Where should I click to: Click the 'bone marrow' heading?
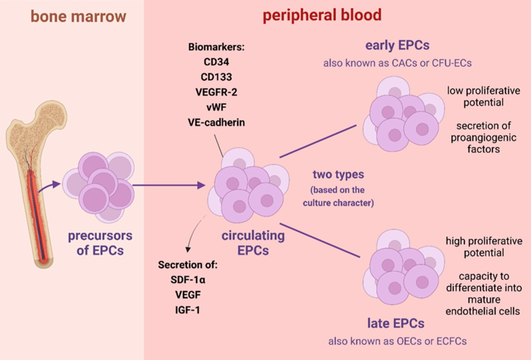tap(78, 16)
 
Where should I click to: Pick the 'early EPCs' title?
tap(396, 46)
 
